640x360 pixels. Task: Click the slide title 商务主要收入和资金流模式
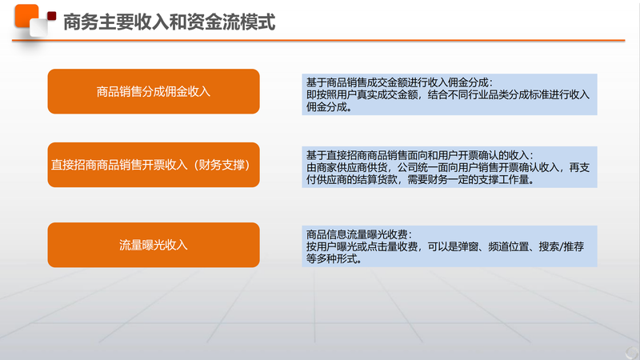(170, 22)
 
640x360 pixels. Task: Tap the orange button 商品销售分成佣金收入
(154, 91)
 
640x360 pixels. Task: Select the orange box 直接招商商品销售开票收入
(154, 165)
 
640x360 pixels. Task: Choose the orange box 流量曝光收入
(154, 245)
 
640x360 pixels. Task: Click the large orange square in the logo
(26, 15)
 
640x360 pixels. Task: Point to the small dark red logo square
(51, 16)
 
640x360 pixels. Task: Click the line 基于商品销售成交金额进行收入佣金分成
(399, 82)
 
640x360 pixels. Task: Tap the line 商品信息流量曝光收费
(358, 234)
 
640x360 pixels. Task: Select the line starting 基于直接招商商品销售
(419, 155)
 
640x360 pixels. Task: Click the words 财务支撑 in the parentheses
(222, 165)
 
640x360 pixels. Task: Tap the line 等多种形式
(334, 258)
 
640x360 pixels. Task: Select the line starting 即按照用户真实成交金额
(448, 94)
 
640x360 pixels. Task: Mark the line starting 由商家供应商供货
(448, 167)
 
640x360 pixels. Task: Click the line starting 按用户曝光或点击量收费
(445, 246)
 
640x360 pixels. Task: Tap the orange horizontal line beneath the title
(318, 41)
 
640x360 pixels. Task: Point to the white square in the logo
(38, 28)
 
